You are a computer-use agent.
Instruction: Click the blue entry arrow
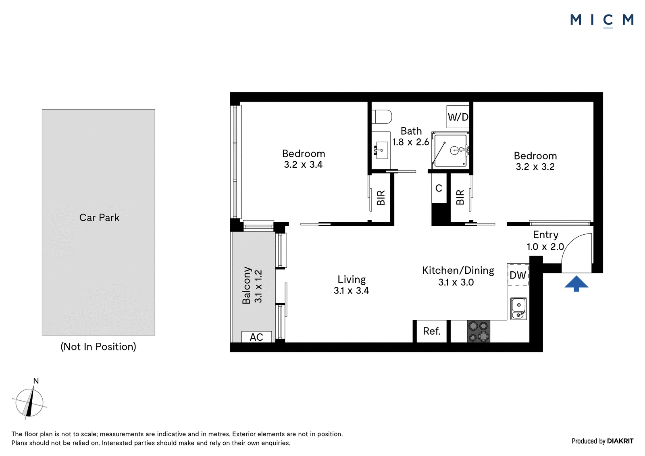coord(576,284)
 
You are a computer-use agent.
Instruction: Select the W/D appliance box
coord(458,117)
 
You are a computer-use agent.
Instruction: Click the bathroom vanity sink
coord(382,150)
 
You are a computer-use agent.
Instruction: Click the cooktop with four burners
coord(478,331)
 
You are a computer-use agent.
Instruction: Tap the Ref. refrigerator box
coord(432,331)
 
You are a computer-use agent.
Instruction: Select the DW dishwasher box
coord(518,275)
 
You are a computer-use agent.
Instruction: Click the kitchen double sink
coord(518,309)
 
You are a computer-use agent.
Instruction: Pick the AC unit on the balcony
coord(256,337)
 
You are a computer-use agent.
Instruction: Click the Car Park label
coord(99,218)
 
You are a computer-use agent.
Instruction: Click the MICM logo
coord(602,21)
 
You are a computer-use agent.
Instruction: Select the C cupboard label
coord(439,188)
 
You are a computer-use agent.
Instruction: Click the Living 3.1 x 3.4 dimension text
coord(351,285)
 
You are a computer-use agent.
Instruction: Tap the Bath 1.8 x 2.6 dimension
coord(411,137)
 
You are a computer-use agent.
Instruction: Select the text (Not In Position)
coord(98,347)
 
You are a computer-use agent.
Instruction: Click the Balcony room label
coord(246,285)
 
